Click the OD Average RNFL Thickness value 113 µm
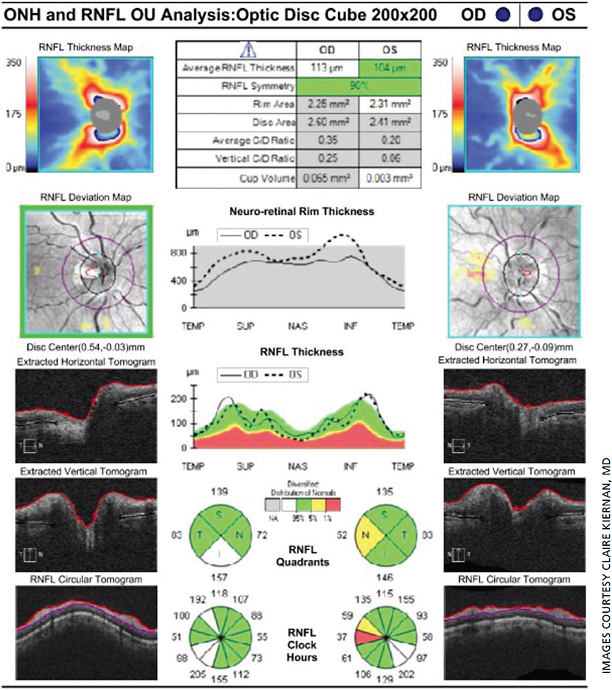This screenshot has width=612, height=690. [x=327, y=68]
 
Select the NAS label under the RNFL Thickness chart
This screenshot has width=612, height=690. [x=298, y=466]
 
